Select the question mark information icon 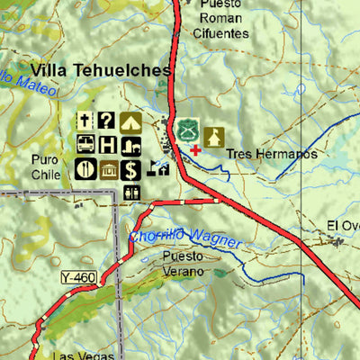tap(107, 121)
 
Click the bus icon tap(85, 144)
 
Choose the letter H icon tap(107, 144)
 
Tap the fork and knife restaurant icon tap(85, 167)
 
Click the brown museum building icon tap(107, 167)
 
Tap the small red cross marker tap(195, 149)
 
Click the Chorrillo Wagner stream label tap(185, 238)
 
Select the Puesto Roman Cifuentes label tap(220, 18)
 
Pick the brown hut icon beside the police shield tap(213, 136)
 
